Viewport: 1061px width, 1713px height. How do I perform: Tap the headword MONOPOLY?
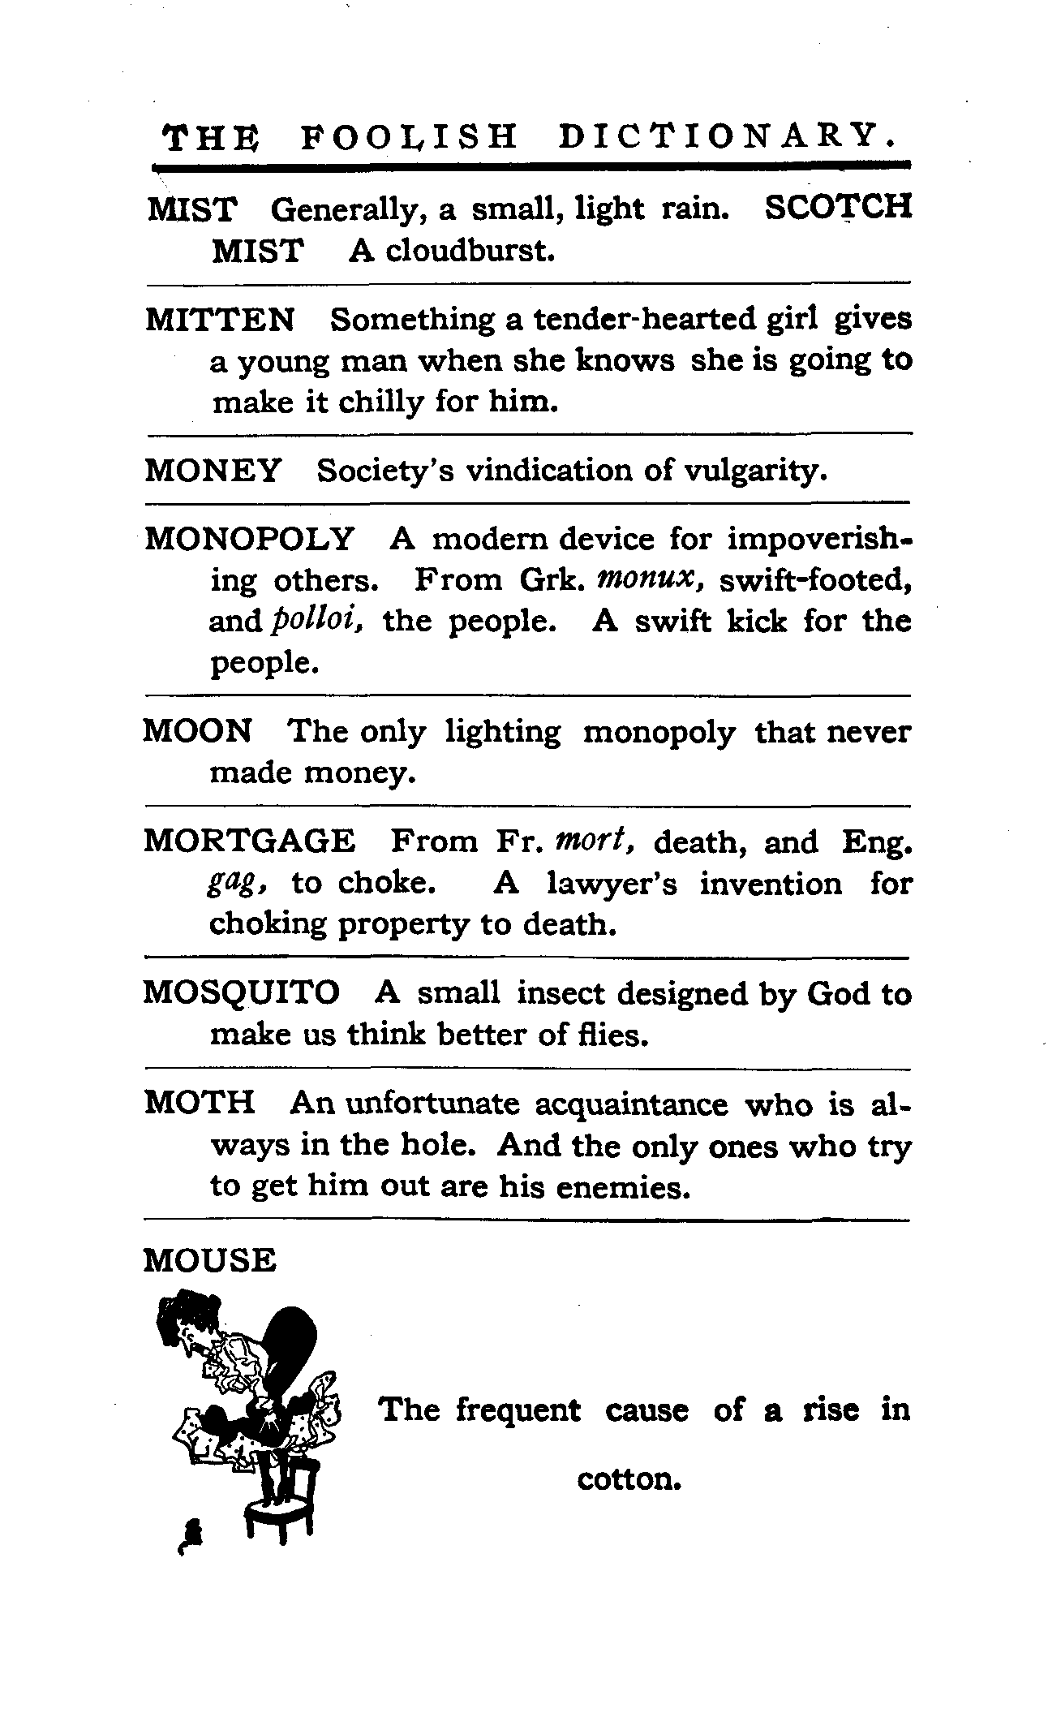tap(249, 539)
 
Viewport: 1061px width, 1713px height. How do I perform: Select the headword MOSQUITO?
tap(241, 992)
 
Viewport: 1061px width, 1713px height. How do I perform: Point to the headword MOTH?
tap(199, 1103)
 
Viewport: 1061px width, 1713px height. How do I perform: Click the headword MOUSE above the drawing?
tap(209, 1260)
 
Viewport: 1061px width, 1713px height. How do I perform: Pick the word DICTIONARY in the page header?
tap(728, 135)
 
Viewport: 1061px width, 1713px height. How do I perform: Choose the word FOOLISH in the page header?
tap(409, 135)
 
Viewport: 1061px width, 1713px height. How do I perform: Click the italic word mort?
tap(594, 841)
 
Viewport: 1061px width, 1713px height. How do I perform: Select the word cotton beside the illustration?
tap(628, 1479)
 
